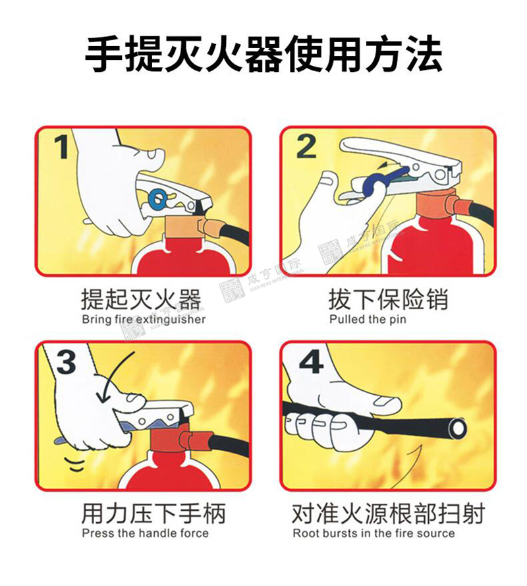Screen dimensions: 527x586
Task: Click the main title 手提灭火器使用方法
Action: [x=263, y=53]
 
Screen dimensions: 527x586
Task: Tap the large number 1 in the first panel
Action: [x=61, y=147]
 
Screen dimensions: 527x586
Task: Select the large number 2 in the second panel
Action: [x=306, y=146]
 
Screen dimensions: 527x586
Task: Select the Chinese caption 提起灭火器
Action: [x=141, y=299]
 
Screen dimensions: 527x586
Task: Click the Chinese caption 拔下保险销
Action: [x=388, y=299]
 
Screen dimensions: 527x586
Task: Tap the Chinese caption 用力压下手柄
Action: [x=153, y=513]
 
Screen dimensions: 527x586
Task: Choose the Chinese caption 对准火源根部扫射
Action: [x=388, y=513]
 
